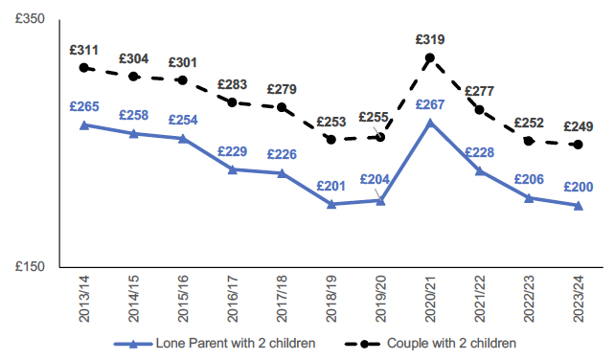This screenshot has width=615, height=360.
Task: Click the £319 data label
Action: (430, 39)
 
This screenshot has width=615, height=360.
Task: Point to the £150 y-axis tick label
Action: (30, 267)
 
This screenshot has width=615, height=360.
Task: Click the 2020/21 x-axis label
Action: (430, 296)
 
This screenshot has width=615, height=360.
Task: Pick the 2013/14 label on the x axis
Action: (84, 296)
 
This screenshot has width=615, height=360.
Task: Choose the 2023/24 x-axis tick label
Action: (579, 296)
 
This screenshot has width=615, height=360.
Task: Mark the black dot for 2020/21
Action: (430, 58)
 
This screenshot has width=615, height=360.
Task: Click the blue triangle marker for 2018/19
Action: (331, 204)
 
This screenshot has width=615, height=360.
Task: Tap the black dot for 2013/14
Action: (84, 68)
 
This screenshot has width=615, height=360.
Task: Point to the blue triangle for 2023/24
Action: (579, 205)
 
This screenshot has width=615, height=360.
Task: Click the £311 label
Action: (84, 49)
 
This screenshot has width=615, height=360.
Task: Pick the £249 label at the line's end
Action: (579, 125)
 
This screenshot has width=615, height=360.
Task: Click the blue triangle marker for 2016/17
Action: (233, 169)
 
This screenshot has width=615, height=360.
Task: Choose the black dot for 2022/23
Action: (529, 141)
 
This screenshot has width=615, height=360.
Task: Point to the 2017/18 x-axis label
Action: (282, 296)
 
